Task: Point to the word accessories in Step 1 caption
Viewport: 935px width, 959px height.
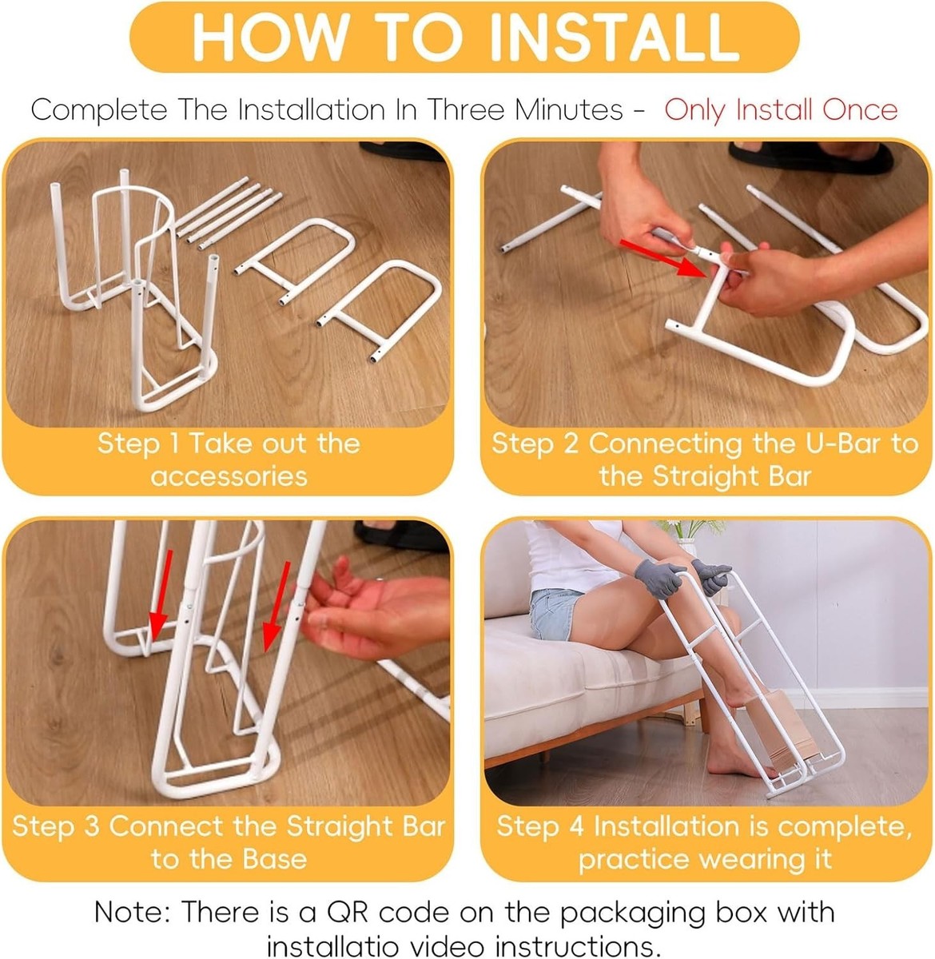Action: tap(229, 476)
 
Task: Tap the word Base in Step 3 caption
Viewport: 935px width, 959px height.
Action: tap(275, 858)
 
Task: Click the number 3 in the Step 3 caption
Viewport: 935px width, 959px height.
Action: tap(92, 826)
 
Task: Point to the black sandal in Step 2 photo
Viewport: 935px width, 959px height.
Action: tap(811, 157)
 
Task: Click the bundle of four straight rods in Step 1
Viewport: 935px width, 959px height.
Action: tap(229, 213)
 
